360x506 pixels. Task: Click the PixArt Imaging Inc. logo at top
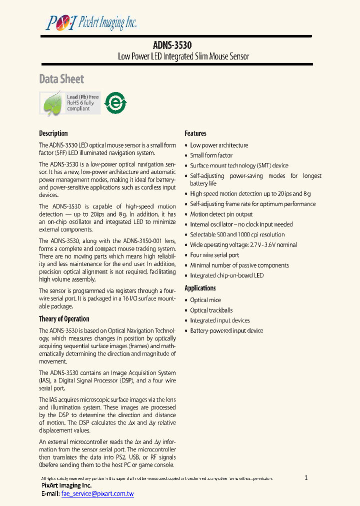click(x=91, y=22)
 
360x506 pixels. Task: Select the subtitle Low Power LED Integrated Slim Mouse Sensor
click(x=183, y=56)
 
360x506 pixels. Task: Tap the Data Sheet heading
click(x=61, y=79)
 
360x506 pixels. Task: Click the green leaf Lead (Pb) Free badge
click(x=70, y=103)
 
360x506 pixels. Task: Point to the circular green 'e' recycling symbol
click(x=115, y=103)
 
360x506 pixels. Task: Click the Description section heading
click(x=53, y=133)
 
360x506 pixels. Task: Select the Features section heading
click(x=195, y=133)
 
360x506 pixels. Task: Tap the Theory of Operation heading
click(x=64, y=319)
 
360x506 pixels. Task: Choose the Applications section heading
click(x=200, y=288)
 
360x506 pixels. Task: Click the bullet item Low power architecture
click(x=219, y=145)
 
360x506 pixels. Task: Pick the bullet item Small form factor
click(x=211, y=155)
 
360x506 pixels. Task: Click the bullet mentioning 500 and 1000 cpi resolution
click(x=237, y=234)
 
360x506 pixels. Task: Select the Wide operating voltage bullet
click(x=243, y=245)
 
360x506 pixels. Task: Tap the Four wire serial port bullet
click(x=214, y=255)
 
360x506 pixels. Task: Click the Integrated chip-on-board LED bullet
click(x=226, y=275)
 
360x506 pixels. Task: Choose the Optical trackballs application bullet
click(x=211, y=310)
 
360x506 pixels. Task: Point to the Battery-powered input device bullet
click(x=226, y=331)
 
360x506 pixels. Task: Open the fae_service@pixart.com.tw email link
click(x=97, y=493)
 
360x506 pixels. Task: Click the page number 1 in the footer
click(x=306, y=477)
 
